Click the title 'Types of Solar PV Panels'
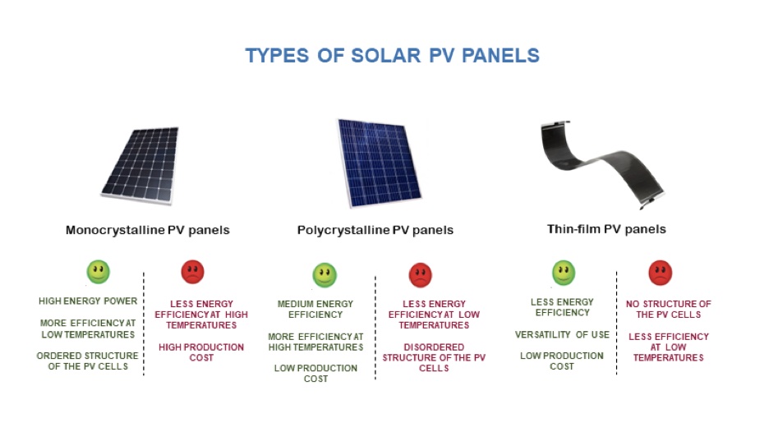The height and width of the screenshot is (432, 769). tap(393, 55)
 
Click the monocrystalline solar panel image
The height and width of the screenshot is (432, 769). tap(140, 166)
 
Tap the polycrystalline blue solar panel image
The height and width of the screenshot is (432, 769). tap(379, 163)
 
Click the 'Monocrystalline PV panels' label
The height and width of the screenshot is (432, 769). tap(148, 230)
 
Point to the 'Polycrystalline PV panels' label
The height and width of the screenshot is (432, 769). tap(375, 230)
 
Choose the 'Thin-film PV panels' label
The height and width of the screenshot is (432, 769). tap(606, 229)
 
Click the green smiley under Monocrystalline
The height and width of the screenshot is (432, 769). tap(98, 272)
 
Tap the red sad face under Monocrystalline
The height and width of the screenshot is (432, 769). tap(193, 272)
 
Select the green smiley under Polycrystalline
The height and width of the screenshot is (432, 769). tap(325, 275)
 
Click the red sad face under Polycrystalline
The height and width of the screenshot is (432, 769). tap(421, 275)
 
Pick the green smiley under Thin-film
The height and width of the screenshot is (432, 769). tap(564, 273)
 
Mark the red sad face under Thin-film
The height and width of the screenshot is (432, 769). tap(660, 273)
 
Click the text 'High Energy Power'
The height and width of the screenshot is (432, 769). tap(88, 301)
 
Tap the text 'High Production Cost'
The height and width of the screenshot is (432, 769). tap(201, 352)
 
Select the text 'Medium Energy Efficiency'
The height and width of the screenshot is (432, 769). tap(315, 310)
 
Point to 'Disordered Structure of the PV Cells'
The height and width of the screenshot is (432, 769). tap(434, 357)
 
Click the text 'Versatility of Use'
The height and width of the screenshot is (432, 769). tap(562, 335)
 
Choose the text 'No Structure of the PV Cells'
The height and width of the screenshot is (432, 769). tap(669, 310)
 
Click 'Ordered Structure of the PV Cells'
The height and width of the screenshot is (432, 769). tap(87, 361)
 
